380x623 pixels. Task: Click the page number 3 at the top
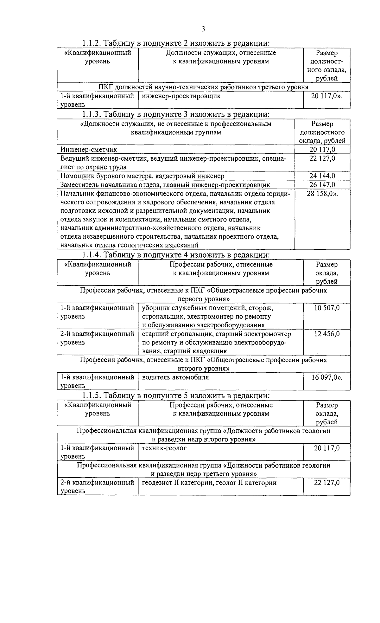pos(203,29)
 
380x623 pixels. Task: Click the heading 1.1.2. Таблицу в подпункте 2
pos(176,43)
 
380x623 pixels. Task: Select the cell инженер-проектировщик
pos(181,96)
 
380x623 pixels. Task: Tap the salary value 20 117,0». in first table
pos(326,96)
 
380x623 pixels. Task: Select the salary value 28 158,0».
pos(322,194)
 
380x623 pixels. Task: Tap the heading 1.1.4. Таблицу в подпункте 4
pos(176,255)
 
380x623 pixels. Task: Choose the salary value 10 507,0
pos(327,308)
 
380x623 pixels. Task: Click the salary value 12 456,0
pos(327,334)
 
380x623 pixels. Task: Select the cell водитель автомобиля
pos(175,377)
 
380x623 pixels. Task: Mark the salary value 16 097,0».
pos(327,377)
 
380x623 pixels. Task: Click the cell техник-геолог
pos(164,448)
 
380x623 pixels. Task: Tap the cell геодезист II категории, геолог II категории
pos(209,483)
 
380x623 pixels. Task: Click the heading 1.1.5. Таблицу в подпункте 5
pos(176,395)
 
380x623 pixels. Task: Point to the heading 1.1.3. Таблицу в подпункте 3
pos(176,114)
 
